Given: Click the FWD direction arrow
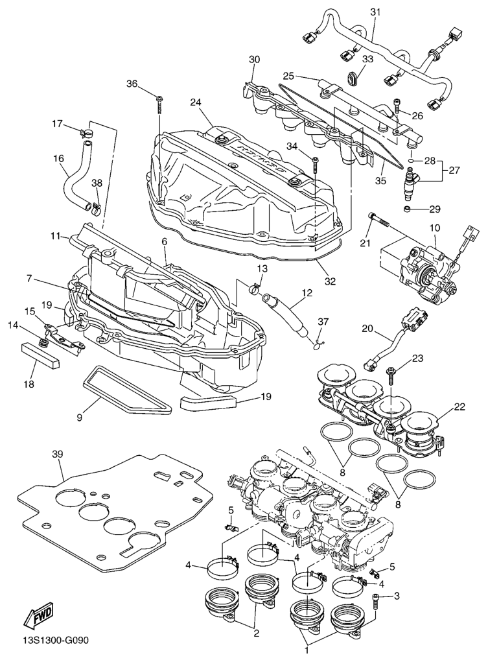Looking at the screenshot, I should click(x=39, y=615).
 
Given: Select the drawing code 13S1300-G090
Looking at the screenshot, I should click(x=54, y=641).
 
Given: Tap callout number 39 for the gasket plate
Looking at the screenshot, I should click(x=57, y=455).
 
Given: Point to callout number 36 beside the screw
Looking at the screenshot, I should click(x=132, y=84).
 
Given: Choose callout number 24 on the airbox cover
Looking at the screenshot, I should click(x=196, y=102).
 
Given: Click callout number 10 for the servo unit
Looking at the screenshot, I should click(x=434, y=228).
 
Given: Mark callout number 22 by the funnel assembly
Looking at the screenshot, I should click(x=459, y=407).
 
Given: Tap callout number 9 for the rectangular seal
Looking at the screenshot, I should click(x=80, y=418).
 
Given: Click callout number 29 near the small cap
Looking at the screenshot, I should click(x=434, y=209).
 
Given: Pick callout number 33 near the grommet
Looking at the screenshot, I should click(x=367, y=59).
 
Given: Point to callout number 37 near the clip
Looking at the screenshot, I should click(x=323, y=322).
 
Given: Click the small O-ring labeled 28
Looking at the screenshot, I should click(x=410, y=159).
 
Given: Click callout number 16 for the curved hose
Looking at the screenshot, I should click(x=59, y=158).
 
